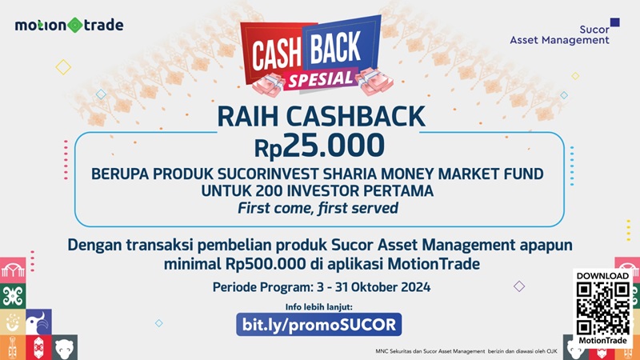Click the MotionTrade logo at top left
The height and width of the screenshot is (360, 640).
69,25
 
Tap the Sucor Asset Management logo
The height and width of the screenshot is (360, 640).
559,33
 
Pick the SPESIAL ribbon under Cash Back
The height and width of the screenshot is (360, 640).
318,78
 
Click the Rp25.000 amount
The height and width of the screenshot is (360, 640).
319,146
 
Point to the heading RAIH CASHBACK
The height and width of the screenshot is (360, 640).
320,118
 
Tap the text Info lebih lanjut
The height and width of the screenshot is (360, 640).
318,307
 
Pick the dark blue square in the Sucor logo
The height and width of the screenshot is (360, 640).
614,23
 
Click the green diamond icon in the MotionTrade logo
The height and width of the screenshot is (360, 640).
74,25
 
